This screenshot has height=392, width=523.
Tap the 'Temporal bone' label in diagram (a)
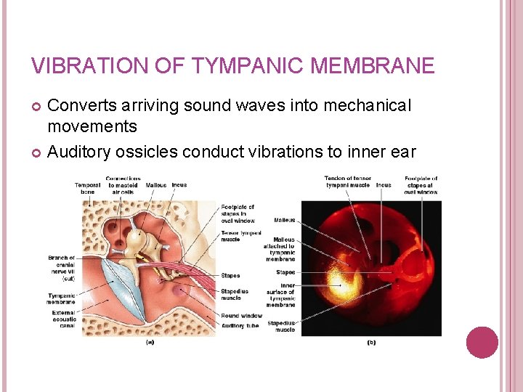coord(88,189)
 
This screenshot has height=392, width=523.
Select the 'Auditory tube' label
coord(239,325)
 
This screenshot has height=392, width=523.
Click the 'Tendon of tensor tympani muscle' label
coord(348,181)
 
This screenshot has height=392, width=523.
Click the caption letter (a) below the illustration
coord(150,342)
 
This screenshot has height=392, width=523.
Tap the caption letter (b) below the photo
coord(371,342)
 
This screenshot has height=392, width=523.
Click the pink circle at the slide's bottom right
coord(482,342)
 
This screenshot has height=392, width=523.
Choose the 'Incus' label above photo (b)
coord(383,185)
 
